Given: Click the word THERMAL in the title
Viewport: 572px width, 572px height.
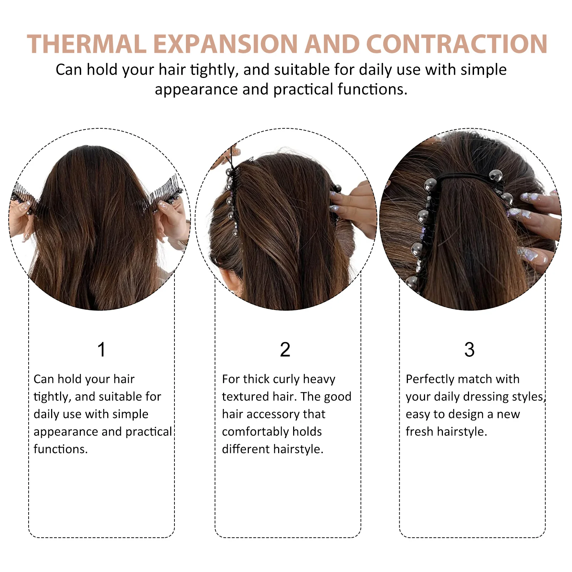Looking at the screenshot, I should coord(87,44).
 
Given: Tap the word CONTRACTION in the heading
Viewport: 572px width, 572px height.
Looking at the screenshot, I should coord(457,44).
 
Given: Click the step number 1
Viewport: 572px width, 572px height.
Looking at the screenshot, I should coord(102,350).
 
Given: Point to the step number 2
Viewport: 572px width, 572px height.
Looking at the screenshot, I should coord(285,350).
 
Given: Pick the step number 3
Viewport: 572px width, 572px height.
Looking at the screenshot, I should coord(469,350).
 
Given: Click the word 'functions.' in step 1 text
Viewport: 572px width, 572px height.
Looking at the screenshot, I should coord(60,449).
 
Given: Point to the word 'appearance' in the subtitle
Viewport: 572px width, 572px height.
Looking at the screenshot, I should coord(196,89).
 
